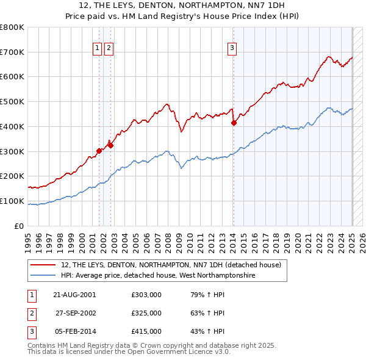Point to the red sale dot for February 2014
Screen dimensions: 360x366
tap(234, 123)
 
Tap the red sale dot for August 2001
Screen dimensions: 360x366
tap(99, 150)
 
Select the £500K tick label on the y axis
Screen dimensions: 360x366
tap(12, 101)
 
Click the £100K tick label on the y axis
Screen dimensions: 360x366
tap(12, 201)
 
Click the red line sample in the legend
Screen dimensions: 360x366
tap(43, 265)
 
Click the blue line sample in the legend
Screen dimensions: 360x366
tap(43, 276)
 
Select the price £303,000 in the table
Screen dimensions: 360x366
tap(146, 295)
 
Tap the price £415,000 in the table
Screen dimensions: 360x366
tap(146, 331)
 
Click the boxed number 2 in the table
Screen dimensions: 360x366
tap(31, 313)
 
